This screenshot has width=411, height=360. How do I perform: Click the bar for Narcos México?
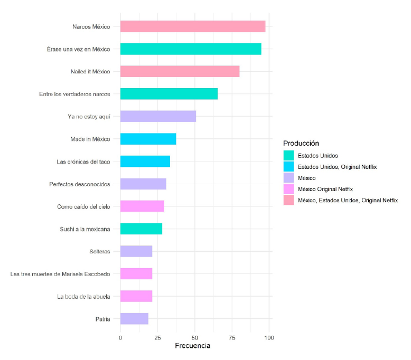(x=192, y=26)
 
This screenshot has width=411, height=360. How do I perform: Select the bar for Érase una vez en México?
(x=191, y=49)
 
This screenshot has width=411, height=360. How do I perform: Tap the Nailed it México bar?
(x=180, y=71)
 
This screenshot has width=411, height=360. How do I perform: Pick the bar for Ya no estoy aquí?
(x=158, y=116)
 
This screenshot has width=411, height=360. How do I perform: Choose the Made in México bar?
(x=148, y=139)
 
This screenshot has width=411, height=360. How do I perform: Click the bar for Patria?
(x=134, y=318)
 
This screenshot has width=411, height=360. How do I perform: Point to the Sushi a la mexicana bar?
(x=141, y=229)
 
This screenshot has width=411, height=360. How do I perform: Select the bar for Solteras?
(x=136, y=251)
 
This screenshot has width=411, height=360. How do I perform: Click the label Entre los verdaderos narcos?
(x=74, y=94)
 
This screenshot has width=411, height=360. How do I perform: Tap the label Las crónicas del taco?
(x=83, y=162)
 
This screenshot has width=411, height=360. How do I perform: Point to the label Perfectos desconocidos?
(x=79, y=184)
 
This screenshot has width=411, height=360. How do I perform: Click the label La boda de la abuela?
(x=83, y=296)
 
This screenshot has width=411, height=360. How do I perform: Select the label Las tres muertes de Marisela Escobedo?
(x=60, y=273)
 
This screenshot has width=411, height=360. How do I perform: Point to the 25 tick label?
(x=157, y=337)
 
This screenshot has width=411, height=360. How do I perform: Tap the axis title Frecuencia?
(x=192, y=346)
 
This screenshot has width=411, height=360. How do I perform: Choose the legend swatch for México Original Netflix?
(x=288, y=189)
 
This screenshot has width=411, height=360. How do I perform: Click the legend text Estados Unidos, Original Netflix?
(x=337, y=167)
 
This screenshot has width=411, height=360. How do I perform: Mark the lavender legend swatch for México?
(x=288, y=178)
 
